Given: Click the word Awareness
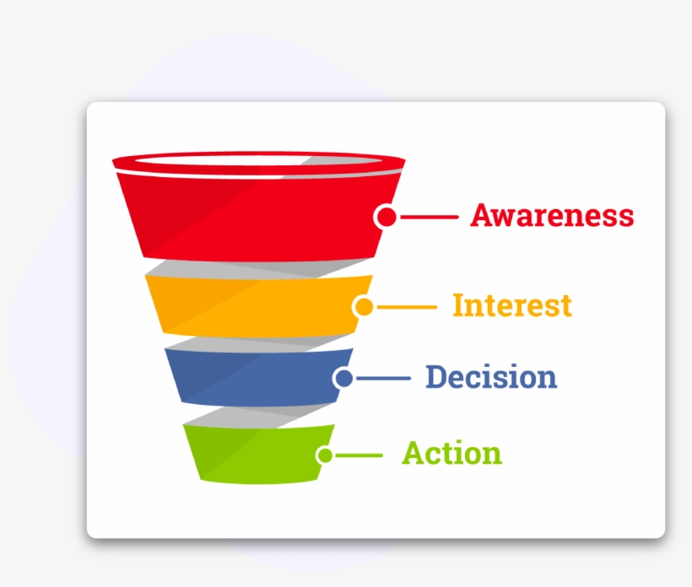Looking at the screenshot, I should click(x=552, y=215).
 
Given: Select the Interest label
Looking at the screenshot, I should click(x=512, y=305).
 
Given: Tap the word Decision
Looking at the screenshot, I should click(x=491, y=377).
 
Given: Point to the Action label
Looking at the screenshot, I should click(x=451, y=454).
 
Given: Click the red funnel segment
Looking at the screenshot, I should click(x=253, y=215).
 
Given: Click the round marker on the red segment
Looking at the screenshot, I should click(x=386, y=217).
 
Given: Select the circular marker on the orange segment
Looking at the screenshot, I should click(x=364, y=307).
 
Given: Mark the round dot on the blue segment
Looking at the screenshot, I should click(x=343, y=379).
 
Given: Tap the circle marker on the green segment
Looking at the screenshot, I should click(x=325, y=455).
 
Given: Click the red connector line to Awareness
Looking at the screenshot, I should click(x=429, y=217).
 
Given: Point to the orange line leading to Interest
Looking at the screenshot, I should click(x=407, y=307).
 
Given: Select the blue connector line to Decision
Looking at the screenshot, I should click(x=384, y=379).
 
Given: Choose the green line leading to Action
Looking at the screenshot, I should click(x=360, y=455).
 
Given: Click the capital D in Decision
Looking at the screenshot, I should click(x=436, y=377).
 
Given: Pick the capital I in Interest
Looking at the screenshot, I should click(x=458, y=304).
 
